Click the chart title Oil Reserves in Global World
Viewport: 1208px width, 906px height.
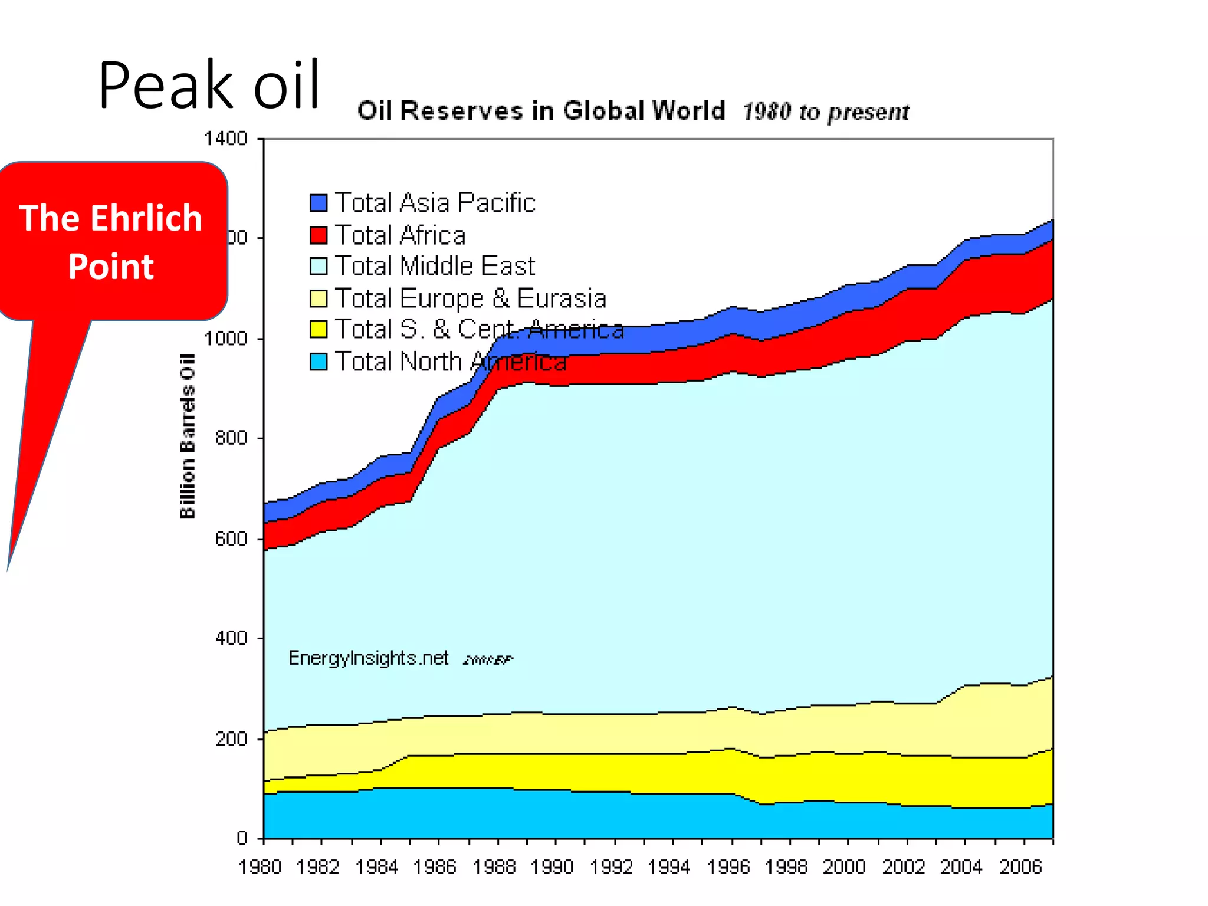541,111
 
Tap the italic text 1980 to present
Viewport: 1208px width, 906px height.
826,112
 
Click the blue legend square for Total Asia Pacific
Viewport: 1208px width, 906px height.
319,203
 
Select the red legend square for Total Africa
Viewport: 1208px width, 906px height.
319,235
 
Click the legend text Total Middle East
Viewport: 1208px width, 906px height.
435,266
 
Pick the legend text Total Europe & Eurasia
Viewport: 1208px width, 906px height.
471,298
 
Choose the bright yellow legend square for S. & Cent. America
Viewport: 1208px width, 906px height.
319,330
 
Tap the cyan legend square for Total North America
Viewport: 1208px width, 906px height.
319,362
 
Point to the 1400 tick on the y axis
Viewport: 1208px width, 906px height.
225,139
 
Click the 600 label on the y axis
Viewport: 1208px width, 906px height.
231,539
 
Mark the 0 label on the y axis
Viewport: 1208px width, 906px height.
242,838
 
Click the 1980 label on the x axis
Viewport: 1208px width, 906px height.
260,867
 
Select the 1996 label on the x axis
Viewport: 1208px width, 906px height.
728,867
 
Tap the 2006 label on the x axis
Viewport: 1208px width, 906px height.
1020,867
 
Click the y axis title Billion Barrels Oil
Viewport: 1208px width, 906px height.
187,436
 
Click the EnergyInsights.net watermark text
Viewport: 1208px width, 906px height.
369,658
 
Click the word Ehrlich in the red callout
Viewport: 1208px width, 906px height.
147,218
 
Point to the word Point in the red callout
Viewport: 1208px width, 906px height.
111,267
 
